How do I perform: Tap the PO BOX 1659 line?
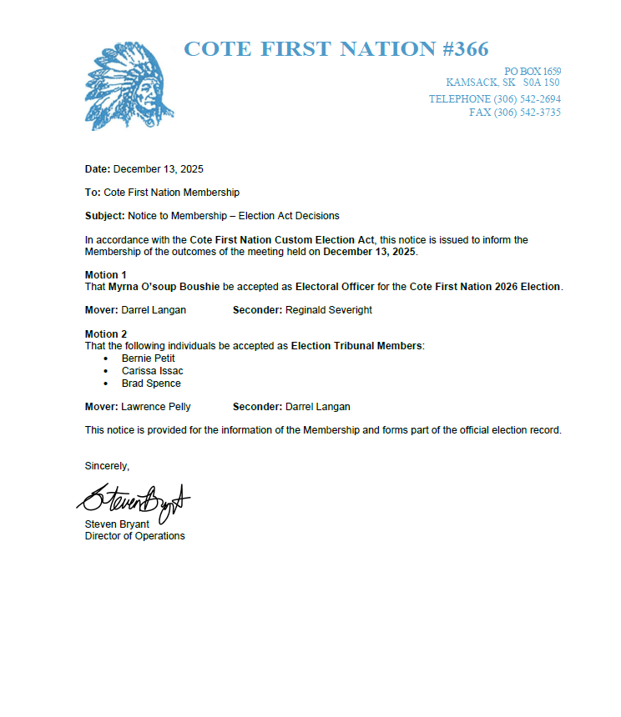tap(533, 72)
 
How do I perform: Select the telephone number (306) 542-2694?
tap(527, 99)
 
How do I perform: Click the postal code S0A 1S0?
tap(542, 83)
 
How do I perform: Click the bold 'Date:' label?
tap(98, 169)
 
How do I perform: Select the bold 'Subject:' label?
tap(105, 216)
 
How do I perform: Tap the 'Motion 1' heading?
tap(106, 275)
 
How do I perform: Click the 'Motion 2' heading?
tap(106, 334)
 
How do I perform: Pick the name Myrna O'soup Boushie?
tap(164, 287)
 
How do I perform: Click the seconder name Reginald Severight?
tap(329, 310)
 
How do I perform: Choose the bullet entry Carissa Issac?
tap(153, 371)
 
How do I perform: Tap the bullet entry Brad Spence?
tap(151, 384)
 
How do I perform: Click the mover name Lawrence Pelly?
tap(156, 407)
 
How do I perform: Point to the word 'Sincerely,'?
tap(107, 465)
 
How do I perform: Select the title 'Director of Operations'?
tap(134, 536)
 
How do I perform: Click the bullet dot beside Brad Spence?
tap(106, 384)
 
